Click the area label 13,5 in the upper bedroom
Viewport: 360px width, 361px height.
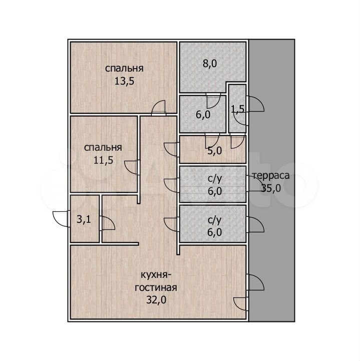point(124,81)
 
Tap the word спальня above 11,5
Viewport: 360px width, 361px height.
point(103,148)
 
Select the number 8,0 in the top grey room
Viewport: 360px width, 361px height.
point(210,63)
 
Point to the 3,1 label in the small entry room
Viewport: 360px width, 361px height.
point(84,219)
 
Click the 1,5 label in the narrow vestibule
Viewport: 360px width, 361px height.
point(237,109)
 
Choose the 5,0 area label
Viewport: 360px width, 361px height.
point(214,151)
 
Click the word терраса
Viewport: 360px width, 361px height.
point(271,176)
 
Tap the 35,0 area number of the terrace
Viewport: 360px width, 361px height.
point(271,188)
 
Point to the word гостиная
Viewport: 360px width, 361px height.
point(156,287)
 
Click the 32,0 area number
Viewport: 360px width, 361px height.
point(156,300)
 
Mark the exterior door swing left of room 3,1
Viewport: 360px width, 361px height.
point(61,219)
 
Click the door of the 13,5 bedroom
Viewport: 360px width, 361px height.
point(159,108)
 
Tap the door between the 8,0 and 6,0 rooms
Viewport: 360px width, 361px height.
point(213,101)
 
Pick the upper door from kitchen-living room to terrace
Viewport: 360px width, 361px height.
point(255,282)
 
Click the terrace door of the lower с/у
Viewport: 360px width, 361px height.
point(255,224)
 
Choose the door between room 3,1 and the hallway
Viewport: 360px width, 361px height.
point(107,223)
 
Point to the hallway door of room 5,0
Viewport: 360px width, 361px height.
point(172,150)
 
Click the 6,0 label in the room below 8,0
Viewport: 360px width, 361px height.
point(203,115)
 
